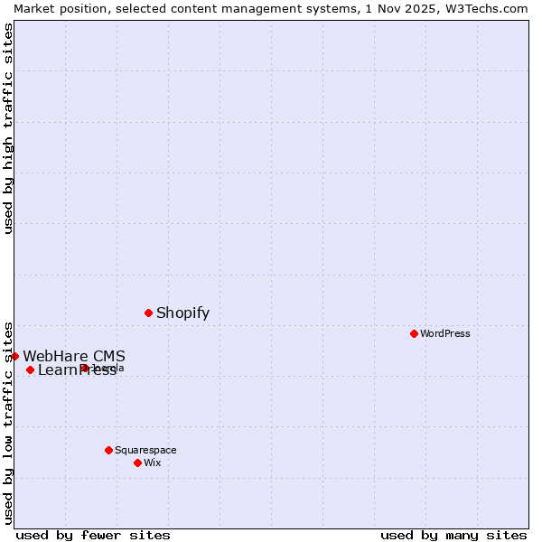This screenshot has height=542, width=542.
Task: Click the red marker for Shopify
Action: [148, 313]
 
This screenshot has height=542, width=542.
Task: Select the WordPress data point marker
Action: [414, 333]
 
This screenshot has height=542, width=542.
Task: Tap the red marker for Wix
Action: [137, 463]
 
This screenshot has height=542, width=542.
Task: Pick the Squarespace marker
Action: [108, 450]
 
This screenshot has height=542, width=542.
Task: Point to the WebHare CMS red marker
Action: [14, 356]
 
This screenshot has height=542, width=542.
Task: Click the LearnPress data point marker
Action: [30, 369]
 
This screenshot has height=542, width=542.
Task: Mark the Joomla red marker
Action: [84, 368]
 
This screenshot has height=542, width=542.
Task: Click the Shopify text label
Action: [182, 313]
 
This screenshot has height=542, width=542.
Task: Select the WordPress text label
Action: [445, 333]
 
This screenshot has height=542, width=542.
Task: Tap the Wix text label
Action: [153, 463]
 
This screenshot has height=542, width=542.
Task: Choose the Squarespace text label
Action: [145, 450]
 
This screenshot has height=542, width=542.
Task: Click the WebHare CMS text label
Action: [74, 356]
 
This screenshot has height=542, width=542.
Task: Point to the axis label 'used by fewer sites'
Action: [93, 535]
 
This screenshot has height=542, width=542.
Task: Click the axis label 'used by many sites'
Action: [453, 535]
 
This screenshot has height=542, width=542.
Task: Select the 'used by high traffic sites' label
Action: [8, 128]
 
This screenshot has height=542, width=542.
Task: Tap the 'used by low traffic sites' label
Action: [8, 422]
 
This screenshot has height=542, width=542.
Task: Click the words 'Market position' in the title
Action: [57, 8]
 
